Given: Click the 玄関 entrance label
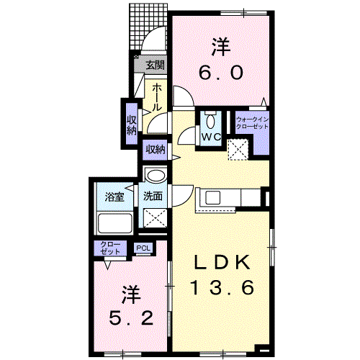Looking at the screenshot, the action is pos(156,65).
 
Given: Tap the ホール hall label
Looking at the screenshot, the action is pos(156,97).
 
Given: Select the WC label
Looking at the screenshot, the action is pos(211,137).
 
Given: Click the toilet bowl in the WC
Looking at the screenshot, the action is pos(210,121).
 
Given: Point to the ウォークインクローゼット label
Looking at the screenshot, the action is pos(252,122).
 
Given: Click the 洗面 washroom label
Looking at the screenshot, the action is pos(153,196).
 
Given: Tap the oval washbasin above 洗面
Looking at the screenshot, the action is pos(156,176).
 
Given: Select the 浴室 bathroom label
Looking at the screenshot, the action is pos(114,197).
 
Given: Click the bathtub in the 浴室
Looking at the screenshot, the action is pos(115,222).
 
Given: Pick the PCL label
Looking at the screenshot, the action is pos(143,248).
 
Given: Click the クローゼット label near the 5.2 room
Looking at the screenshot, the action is pos(110,248).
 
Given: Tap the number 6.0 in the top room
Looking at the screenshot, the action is pos(220,73).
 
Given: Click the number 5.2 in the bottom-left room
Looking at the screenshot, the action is pos(131,318).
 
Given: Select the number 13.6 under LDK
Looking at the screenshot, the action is pos(222,287).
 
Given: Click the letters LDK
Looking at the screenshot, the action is pos(222,262).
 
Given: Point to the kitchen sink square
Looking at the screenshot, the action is pos(212,197).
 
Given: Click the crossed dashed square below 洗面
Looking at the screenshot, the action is pos(155,218).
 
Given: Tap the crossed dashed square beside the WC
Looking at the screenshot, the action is pos(238,150).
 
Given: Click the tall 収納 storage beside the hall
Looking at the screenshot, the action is pos(132,124).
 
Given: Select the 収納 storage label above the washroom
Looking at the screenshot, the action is pos(156,150).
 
